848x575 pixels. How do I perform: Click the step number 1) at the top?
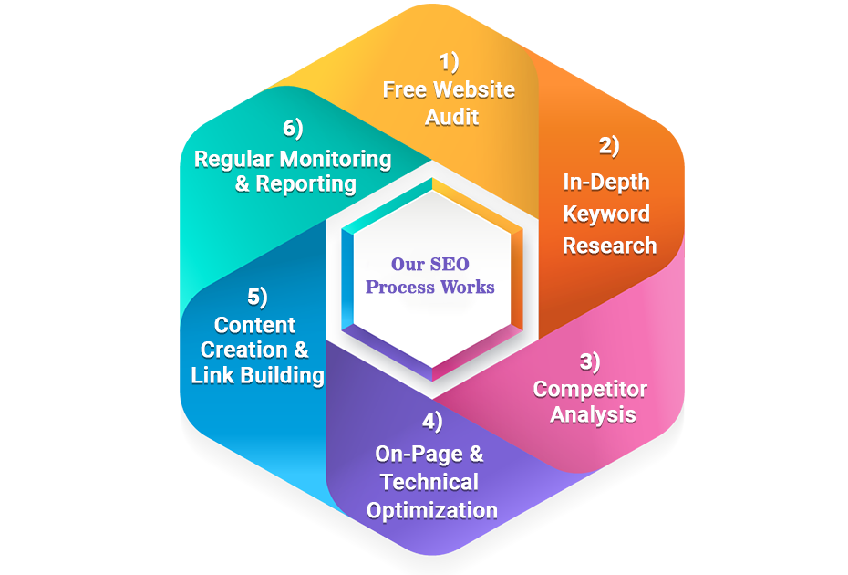pyautogui.click(x=449, y=62)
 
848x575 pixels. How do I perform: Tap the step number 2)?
pyautogui.click(x=609, y=145)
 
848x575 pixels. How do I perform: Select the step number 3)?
pyautogui.click(x=590, y=361)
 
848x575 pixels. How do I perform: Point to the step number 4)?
pyautogui.click(x=432, y=422)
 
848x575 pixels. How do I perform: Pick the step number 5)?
pyautogui.click(x=257, y=298)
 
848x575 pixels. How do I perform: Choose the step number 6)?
pyautogui.click(x=293, y=129)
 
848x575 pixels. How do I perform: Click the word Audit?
pyautogui.click(x=451, y=117)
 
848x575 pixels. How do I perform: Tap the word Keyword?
pyautogui.click(x=606, y=214)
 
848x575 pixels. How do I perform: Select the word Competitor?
pyautogui.click(x=590, y=389)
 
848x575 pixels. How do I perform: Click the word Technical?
pyautogui.click(x=429, y=482)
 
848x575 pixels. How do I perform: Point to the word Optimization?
pyautogui.click(x=432, y=509)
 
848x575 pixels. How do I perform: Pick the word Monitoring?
pyautogui.click(x=335, y=159)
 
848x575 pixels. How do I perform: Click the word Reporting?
pyautogui.click(x=305, y=183)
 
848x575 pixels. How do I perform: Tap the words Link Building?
pyautogui.click(x=257, y=375)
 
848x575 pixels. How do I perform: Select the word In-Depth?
pyautogui.click(x=606, y=182)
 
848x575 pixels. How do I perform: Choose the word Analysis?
pyautogui.click(x=593, y=414)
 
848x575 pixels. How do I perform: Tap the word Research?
pyautogui.click(x=609, y=246)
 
